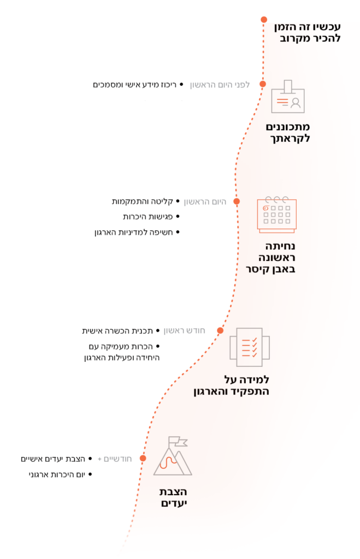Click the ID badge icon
(287, 96)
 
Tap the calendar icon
(277, 215)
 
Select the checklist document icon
(250, 347)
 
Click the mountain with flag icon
(173, 456)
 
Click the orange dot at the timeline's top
(264, 20)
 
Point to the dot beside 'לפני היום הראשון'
(263, 84)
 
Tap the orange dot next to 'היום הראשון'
(237, 201)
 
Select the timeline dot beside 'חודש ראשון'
(221, 330)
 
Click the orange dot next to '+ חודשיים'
(143, 459)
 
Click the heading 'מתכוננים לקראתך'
(287, 133)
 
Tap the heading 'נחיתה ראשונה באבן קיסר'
(271, 258)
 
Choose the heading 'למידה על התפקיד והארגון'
(231, 385)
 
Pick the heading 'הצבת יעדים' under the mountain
(173, 498)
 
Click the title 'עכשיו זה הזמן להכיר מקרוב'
(308, 32)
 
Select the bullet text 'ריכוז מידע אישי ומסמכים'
(135, 85)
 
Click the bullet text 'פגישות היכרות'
(147, 217)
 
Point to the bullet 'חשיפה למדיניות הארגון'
(134, 233)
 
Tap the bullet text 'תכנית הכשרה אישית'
(117, 331)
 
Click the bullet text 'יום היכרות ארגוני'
(57, 474)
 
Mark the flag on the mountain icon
(178, 441)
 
